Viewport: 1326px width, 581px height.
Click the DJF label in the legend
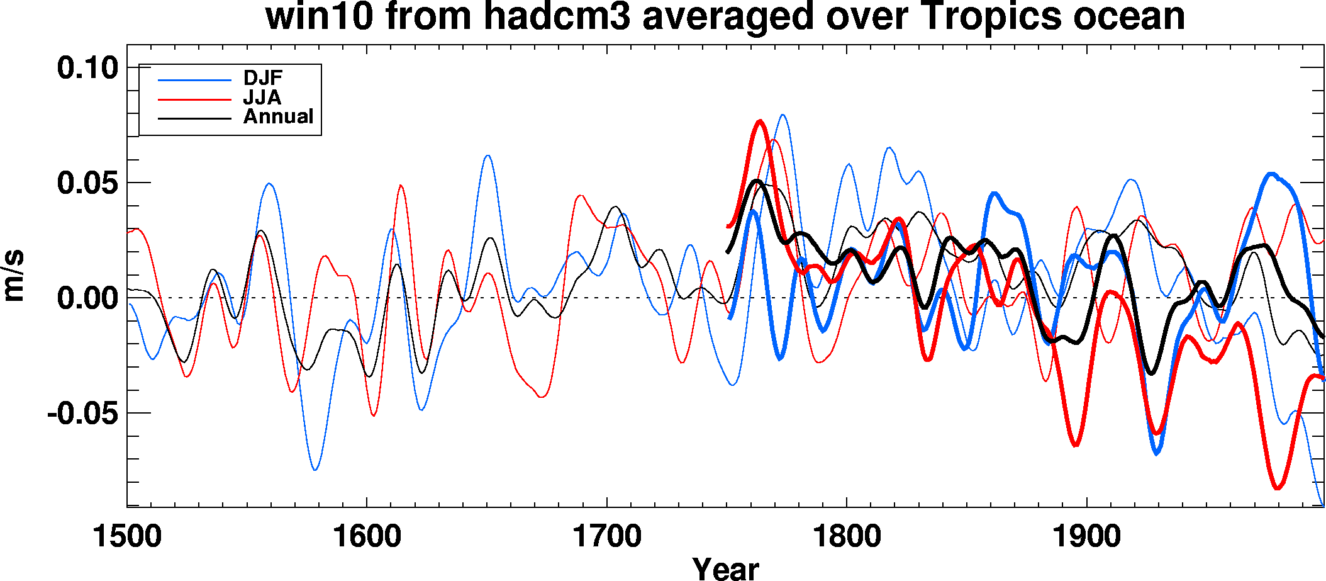(x=263, y=78)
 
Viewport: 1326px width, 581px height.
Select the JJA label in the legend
(x=262, y=98)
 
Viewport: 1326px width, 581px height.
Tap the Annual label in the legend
(x=278, y=116)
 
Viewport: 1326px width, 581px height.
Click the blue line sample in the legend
(x=194, y=80)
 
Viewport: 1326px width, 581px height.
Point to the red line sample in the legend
(x=194, y=99)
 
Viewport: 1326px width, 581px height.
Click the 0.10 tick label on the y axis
(x=88, y=67)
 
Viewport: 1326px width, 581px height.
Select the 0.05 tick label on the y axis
(x=88, y=183)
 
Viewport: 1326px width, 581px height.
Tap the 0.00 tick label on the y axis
(x=88, y=298)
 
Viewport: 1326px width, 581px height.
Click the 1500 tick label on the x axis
(x=127, y=537)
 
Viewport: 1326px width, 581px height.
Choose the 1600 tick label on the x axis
(x=367, y=537)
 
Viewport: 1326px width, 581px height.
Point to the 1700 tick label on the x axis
(x=607, y=537)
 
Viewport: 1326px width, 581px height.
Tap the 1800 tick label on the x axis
(x=847, y=537)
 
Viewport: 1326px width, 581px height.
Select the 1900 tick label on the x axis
(x=1087, y=537)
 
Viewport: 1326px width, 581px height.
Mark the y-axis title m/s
(x=14, y=276)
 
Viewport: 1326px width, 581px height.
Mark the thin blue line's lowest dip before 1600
(x=315, y=470)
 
